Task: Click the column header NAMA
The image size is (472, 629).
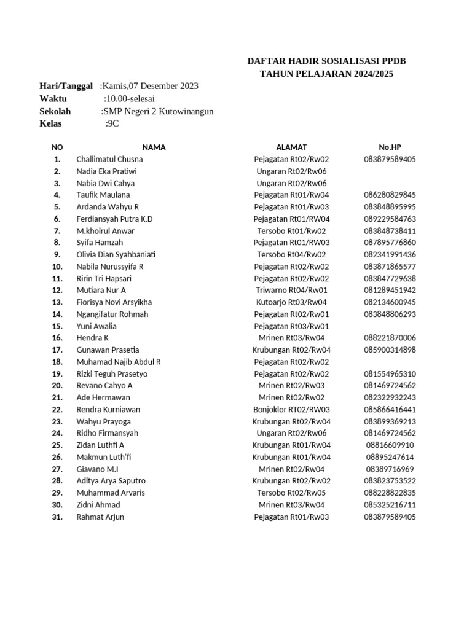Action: [x=154, y=147]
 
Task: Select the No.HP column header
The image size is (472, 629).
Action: [x=390, y=147]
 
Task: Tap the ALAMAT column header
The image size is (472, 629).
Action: [x=291, y=147]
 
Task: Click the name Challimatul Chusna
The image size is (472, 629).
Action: [x=109, y=159]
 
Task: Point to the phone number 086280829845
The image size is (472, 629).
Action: [x=390, y=195]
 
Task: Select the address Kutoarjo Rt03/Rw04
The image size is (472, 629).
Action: [x=291, y=302]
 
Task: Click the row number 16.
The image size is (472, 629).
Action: [x=57, y=338]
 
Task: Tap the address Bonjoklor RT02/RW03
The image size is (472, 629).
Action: [x=291, y=410]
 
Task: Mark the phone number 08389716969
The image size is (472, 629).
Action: [x=390, y=469]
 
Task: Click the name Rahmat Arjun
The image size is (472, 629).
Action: [x=100, y=517]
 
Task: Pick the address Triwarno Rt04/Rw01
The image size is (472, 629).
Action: [x=291, y=290]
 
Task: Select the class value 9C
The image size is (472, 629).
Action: [x=114, y=123]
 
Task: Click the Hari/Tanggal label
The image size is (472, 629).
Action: [x=66, y=86]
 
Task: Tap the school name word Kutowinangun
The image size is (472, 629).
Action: [x=186, y=111]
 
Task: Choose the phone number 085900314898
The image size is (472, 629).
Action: [x=390, y=350]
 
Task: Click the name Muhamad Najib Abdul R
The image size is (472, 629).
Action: [x=119, y=362]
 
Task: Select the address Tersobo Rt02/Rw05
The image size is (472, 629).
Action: [x=291, y=493]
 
